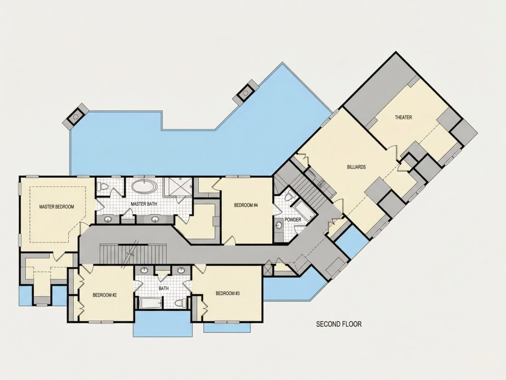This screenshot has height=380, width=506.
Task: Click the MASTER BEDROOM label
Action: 57,207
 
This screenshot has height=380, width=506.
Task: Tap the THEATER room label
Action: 403,117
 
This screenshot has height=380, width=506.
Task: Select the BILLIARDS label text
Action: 356,167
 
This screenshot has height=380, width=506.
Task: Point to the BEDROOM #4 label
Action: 246,205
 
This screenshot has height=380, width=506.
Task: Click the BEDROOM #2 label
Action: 104,295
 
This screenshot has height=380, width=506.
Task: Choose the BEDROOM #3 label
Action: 228,293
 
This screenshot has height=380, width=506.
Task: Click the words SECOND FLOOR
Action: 339,324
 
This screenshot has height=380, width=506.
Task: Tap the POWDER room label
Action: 293,220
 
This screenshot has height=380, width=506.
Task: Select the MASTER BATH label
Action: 144,204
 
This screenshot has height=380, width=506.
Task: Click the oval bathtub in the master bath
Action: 144,187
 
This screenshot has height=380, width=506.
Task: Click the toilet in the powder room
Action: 290,196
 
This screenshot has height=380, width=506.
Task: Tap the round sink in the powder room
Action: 278,226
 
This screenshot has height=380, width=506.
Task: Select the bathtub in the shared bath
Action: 150,303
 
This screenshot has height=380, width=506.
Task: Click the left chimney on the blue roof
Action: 77,117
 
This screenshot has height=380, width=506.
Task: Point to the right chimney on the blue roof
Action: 246,93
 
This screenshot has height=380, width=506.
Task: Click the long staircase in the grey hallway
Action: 133,255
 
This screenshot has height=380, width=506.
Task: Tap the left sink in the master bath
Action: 107,220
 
